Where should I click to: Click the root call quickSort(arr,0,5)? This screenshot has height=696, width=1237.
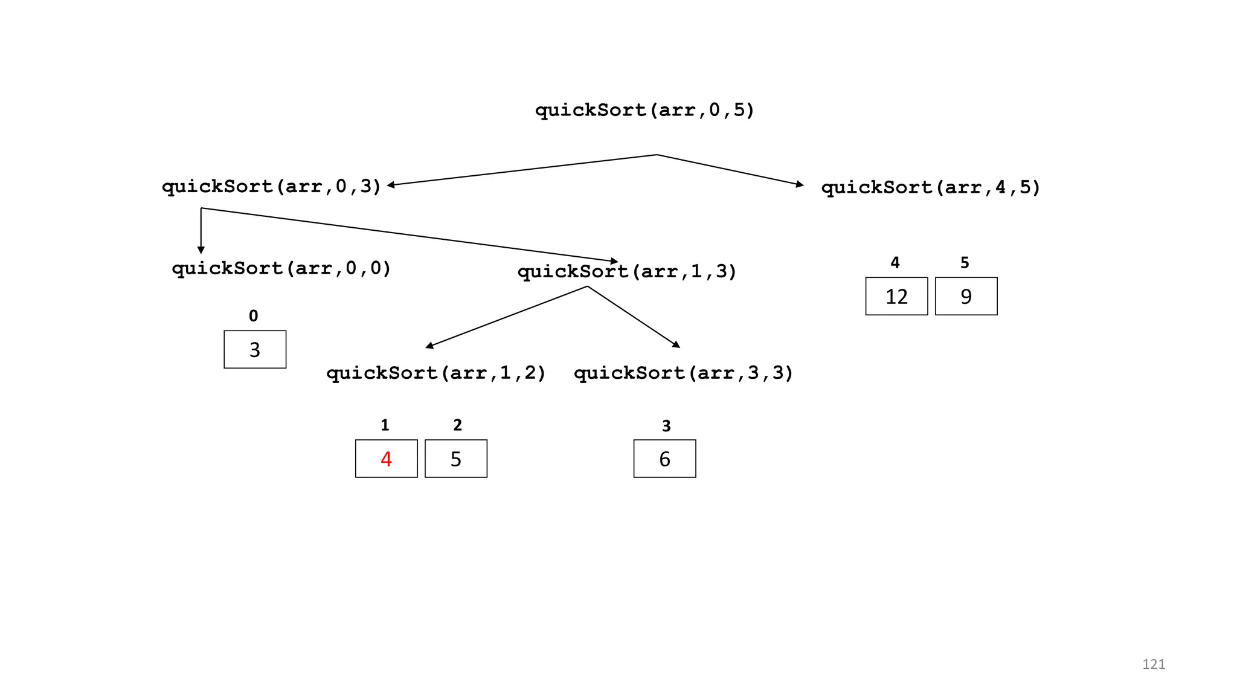pyautogui.click(x=644, y=111)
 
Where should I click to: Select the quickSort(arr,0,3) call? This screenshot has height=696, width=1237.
pyautogui.click(x=271, y=187)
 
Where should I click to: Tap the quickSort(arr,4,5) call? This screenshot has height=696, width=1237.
pyautogui.click(x=930, y=188)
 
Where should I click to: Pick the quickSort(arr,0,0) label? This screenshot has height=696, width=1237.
pyautogui.click(x=281, y=268)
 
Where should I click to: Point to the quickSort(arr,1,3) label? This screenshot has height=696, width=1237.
pyautogui.click(x=627, y=272)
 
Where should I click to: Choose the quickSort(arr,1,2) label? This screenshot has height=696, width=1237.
pyautogui.click(x=436, y=373)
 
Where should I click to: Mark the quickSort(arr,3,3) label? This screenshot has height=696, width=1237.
pyautogui.click(x=683, y=373)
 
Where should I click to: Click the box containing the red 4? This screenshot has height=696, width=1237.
pyautogui.click(x=386, y=459)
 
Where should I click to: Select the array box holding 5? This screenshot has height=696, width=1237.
pyautogui.click(x=455, y=459)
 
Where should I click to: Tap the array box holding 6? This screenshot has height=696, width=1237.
pyautogui.click(x=664, y=459)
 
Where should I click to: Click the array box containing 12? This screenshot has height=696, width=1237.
pyautogui.click(x=896, y=296)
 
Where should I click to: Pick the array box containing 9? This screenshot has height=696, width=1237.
pyautogui.click(x=966, y=296)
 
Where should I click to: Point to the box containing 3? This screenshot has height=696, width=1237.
pyautogui.click(x=255, y=349)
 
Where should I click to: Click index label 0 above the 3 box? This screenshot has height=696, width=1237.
pyautogui.click(x=254, y=316)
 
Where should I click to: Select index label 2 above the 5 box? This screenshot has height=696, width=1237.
pyautogui.click(x=457, y=425)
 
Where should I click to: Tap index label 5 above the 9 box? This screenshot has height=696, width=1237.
pyautogui.click(x=965, y=263)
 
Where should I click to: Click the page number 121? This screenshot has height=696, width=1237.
pyautogui.click(x=1153, y=665)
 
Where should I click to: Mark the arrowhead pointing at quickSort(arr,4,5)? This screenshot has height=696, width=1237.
pyautogui.click(x=800, y=184)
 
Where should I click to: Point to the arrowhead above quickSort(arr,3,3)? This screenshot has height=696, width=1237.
pyautogui.click(x=676, y=344)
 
